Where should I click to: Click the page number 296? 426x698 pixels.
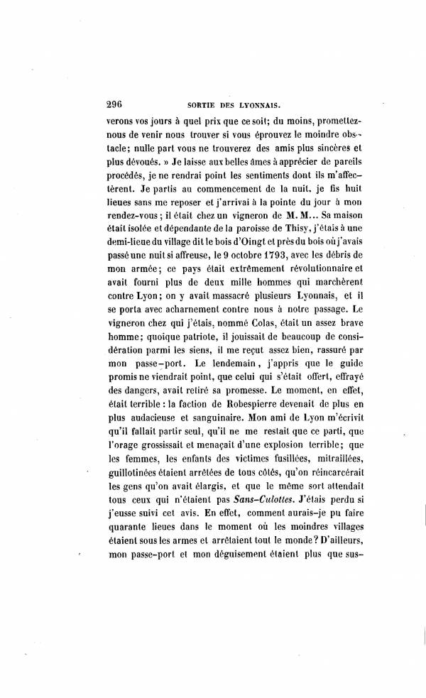tap(116, 102)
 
